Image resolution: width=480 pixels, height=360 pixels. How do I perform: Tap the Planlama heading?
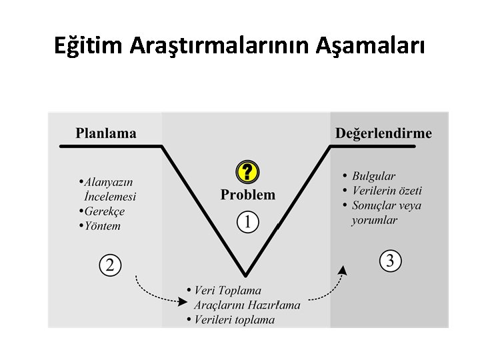point(106,133)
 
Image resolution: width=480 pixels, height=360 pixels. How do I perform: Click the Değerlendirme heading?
point(383,133)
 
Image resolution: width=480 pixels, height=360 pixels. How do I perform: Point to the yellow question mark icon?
point(247,173)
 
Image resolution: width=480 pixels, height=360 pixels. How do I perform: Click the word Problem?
point(247,195)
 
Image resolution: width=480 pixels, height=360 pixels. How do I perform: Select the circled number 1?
point(247,222)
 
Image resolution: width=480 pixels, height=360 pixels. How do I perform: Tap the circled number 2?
point(110,265)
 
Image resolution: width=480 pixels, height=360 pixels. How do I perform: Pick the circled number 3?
point(391,261)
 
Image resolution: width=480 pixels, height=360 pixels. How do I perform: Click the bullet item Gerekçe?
point(104,211)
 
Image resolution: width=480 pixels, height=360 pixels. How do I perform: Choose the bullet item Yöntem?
point(103,226)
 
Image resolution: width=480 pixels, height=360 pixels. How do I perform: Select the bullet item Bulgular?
point(373,176)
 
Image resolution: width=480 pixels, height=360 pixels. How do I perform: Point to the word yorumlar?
point(374,220)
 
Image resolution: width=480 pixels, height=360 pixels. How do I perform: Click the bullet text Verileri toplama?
point(234,319)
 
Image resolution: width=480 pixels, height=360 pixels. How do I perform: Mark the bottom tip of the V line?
point(247,275)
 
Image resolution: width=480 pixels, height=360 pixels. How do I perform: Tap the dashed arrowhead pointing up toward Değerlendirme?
point(343,269)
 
